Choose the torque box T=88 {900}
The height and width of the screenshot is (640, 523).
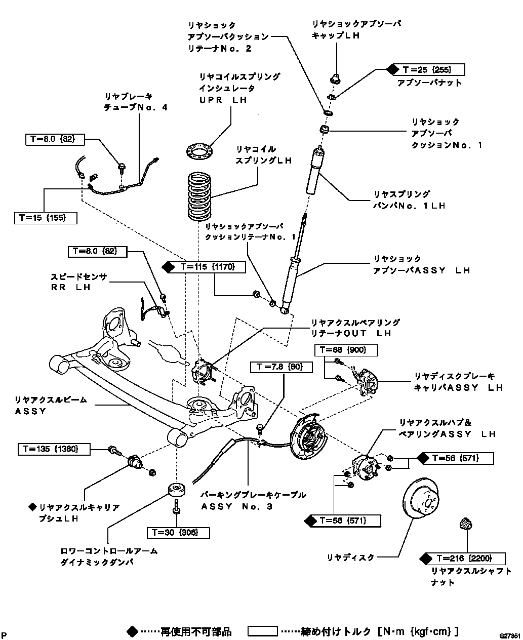click(x=346, y=350)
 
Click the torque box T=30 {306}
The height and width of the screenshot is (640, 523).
click(x=178, y=532)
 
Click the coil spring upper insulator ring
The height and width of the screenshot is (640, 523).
click(x=199, y=151)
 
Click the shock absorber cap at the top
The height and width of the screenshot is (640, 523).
click(x=334, y=79)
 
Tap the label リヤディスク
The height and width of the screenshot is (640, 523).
click(x=350, y=557)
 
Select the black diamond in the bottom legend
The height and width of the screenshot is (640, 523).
click(x=133, y=631)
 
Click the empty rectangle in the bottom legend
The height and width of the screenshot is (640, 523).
click(x=262, y=631)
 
